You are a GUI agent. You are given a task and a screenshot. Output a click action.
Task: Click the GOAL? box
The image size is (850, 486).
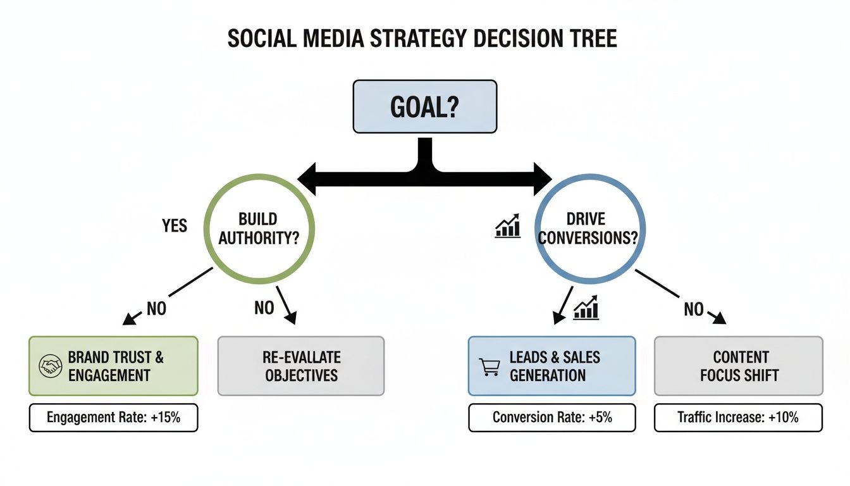(x=424, y=106)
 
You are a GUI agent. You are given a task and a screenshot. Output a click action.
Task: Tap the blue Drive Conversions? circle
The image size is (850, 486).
(x=590, y=228)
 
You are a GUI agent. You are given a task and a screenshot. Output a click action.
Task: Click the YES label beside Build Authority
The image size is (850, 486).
(x=175, y=225)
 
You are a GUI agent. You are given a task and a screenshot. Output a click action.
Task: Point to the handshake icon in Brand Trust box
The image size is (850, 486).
(x=50, y=366)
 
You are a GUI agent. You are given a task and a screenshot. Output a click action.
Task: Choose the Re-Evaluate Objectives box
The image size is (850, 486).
(x=301, y=366)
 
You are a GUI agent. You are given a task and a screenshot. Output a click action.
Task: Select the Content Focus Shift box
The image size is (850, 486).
(x=738, y=366)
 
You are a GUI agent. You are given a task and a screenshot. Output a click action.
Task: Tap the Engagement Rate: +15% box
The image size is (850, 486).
(x=113, y=418)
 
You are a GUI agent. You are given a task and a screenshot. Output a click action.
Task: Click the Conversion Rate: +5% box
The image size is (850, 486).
(x=551, y=418)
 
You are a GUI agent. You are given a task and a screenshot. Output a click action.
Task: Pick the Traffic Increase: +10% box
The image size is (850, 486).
(x=738, y=418)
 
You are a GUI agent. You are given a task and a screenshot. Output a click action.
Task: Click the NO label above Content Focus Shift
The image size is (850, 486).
(x=694, y=309)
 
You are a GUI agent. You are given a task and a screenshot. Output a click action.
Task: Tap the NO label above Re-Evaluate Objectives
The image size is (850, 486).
(x=264, y=308)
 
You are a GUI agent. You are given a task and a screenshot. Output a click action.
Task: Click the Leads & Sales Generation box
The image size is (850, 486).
(x=551, y=366)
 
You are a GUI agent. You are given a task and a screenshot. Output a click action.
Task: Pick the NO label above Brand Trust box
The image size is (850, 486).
(x=156, y=309)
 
